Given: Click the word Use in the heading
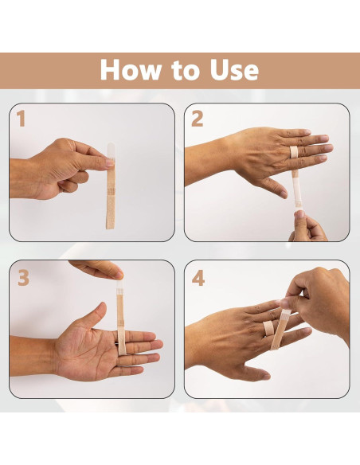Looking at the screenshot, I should [232, 70].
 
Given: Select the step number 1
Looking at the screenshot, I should [21, 119].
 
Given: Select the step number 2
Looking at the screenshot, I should [197, 119].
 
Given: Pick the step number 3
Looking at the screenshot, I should [23, 278].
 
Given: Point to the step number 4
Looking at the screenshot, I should [198, 278].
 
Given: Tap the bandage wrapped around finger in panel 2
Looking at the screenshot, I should [294, 151].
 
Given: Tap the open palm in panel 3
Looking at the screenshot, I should [88, 350].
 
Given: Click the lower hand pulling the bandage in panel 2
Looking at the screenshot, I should [307, 226].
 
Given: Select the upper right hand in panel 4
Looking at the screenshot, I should [319, 299].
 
